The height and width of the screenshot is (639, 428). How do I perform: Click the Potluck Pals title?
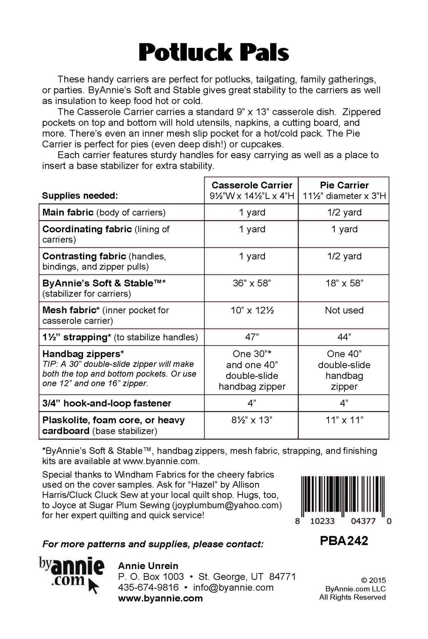tap(214, 53)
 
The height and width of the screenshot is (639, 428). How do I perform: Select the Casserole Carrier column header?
tap(252, 185)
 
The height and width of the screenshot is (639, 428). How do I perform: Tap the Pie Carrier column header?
tap(344, 185)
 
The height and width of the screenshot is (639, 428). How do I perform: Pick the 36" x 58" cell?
tap(252, 283)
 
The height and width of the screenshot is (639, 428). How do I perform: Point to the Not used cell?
tap(344, 310)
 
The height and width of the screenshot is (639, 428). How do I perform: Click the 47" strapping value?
tap(252, 337)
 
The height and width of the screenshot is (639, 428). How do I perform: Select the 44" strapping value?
tap(344, 337)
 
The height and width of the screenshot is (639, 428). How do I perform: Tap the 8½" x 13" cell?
tap(252, 420)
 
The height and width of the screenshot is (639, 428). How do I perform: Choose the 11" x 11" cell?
tap(344, 420)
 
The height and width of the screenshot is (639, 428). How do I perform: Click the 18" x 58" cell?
tap(344, 283)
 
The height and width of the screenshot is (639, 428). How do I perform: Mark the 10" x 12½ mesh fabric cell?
tap(252, 310)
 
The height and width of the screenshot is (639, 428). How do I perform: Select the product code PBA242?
tap(344, 541)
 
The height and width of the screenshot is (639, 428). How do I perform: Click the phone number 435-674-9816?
tap(148, 587)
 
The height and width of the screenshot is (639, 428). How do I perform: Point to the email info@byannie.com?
tap(233, 587)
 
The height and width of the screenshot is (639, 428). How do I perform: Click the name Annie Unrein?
tap(148, 566)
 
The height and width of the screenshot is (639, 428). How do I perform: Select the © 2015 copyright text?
tap(373, 580)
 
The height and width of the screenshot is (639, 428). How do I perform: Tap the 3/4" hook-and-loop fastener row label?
tap(106, 403)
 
